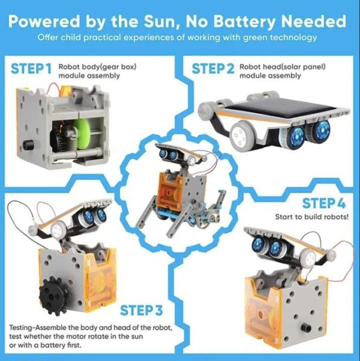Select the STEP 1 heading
[31, 68]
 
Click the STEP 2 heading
[213, 68]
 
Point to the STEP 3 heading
[142, 310]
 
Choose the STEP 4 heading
[324, 203]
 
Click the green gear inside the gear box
[82, 136]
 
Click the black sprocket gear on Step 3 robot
[54, 296]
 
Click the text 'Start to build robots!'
[311, 217]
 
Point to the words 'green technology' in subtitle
[280, 37]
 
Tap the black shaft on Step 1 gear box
[28, 145]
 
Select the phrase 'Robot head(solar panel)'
[283, 67]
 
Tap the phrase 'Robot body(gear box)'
[98, 67]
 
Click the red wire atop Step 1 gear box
[53, 88]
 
